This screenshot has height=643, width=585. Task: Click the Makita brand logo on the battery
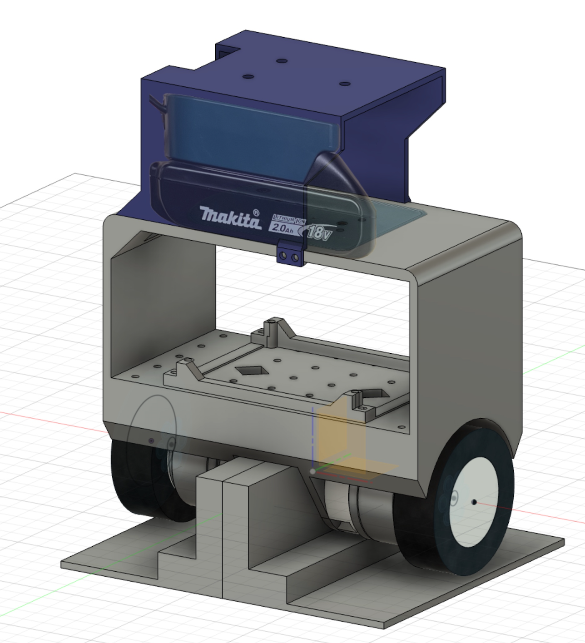[x=230, y=217]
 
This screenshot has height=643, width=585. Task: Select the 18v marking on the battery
[x=319, y=232]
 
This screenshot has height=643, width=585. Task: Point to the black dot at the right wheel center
[x=474, y=502]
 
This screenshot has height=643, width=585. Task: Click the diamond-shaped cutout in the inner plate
[x=249, y=371]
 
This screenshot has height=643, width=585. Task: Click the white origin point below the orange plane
[x=312, y=471]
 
